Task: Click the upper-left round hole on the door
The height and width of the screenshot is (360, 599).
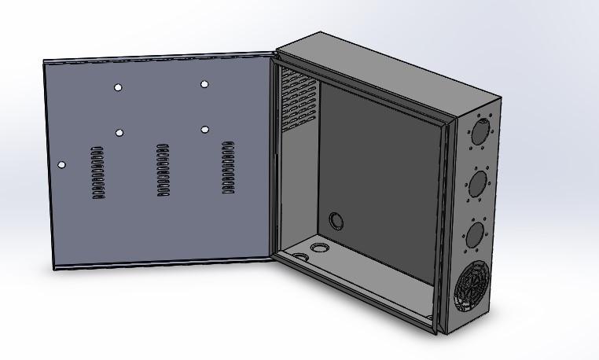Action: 118,87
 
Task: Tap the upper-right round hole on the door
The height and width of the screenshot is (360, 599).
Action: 204,84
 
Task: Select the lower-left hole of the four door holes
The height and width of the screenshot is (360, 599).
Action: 119,132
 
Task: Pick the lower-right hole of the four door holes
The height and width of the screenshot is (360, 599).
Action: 204,129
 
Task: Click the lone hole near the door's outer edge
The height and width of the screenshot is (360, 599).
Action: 63,165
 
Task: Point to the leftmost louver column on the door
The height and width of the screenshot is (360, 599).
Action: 97,172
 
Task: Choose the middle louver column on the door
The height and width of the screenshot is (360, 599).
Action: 164,171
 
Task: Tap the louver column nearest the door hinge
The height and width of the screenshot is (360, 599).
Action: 228,167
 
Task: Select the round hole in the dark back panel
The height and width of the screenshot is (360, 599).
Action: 336,220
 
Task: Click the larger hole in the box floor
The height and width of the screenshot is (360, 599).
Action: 320,248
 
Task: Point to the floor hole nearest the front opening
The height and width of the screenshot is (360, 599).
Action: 302,257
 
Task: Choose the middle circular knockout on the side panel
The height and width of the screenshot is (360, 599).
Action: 476,185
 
